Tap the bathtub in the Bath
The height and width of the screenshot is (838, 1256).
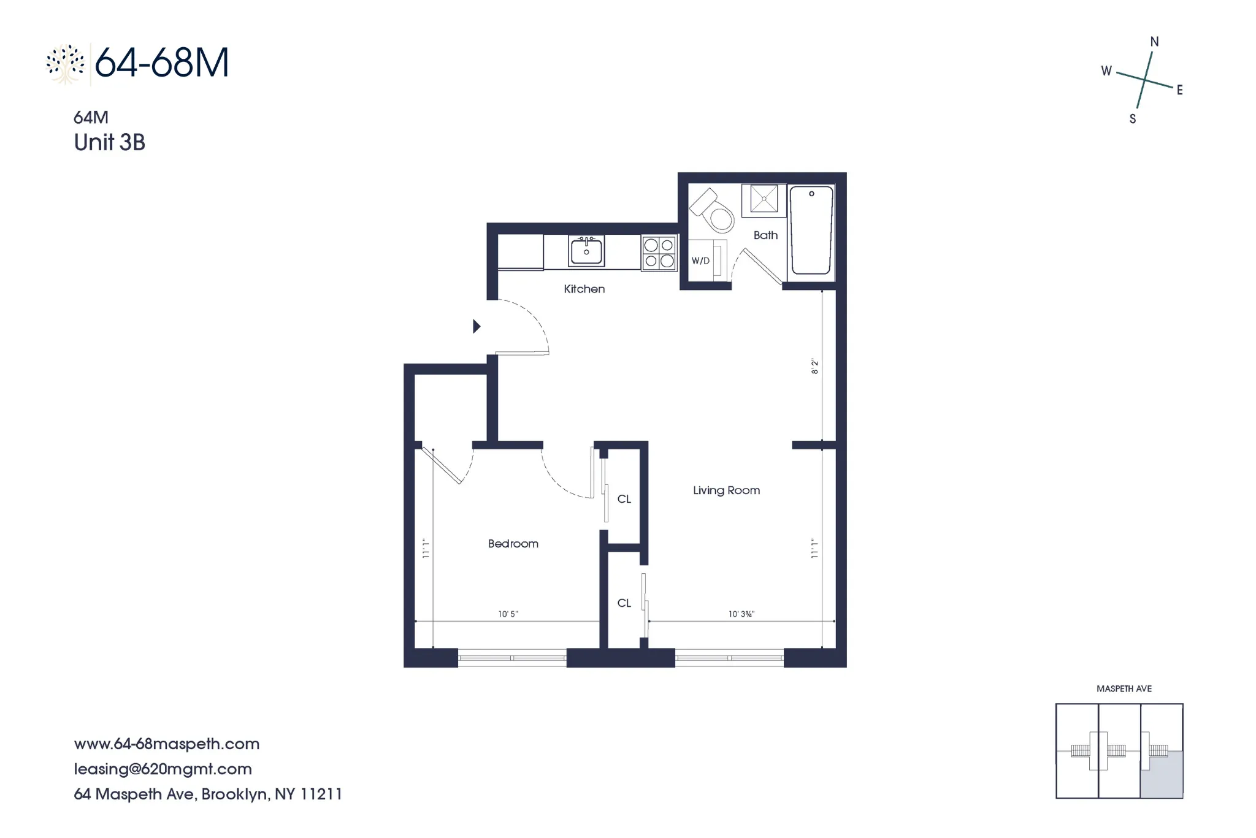point(811,230)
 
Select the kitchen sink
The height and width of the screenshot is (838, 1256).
point(586,251)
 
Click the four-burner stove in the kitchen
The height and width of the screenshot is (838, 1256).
point(659,253)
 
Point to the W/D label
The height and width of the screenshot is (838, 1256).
point(700,261)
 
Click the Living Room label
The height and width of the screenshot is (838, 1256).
point(726,490)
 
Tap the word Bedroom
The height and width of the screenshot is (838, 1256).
point(513,544)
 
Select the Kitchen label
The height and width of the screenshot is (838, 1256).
point(584,289)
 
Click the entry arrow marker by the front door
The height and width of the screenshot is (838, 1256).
point(477,326)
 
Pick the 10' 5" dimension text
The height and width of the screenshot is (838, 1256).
point(508,614)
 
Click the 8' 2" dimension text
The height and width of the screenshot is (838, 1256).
point(815,367)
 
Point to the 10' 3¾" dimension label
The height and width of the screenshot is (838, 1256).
point(741,614)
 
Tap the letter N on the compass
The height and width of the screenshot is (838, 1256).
point(1154,42)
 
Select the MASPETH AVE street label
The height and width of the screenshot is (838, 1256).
point(1124,688)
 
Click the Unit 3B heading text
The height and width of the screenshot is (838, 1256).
point(109,142)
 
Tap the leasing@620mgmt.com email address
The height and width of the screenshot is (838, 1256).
point(163,769)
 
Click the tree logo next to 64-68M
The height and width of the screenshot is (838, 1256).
point(65,64)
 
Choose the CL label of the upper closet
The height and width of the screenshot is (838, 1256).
point(624,499)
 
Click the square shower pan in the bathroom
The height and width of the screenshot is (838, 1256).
point(764,199)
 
